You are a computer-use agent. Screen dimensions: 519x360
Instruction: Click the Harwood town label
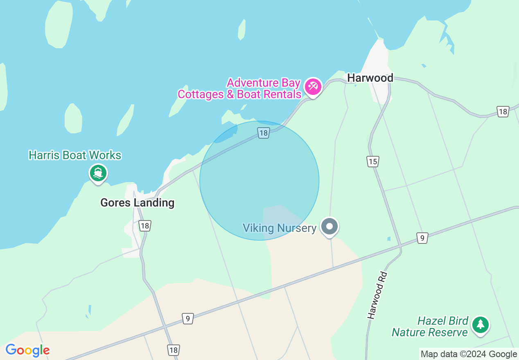(370, 78)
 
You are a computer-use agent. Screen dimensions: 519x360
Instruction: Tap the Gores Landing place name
(138, 202)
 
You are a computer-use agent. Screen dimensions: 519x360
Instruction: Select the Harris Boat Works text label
(75, 155)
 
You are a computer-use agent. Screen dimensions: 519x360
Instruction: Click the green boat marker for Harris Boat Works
(98, 173)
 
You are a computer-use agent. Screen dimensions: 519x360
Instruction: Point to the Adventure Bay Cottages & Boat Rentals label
(239, 88)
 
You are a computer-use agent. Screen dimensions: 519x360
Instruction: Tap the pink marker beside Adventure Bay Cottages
(313, 87)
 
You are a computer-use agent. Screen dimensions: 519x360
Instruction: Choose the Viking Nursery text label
(280, 228)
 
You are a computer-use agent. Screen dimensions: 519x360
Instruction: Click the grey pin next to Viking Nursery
(329, 226)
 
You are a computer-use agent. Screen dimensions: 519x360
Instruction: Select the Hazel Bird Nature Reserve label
(430, 326)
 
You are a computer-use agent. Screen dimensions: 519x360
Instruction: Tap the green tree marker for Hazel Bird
(480, 325)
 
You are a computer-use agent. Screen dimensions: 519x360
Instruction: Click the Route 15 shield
(372, 162)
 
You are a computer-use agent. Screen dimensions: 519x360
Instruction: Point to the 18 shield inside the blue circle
(263, 133)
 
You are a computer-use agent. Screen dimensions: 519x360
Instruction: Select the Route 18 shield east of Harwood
(503, 111)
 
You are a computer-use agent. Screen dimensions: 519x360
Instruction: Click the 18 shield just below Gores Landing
(144, 225)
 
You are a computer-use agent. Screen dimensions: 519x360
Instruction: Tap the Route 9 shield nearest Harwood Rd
(422, 238)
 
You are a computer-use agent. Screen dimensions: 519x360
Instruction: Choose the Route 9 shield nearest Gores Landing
(187, 319)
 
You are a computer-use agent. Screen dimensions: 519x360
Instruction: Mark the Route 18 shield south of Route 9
(173, 350)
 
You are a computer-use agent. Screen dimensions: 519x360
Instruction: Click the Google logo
(27, 350)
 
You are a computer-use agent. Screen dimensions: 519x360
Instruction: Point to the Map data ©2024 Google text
(469, 354)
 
